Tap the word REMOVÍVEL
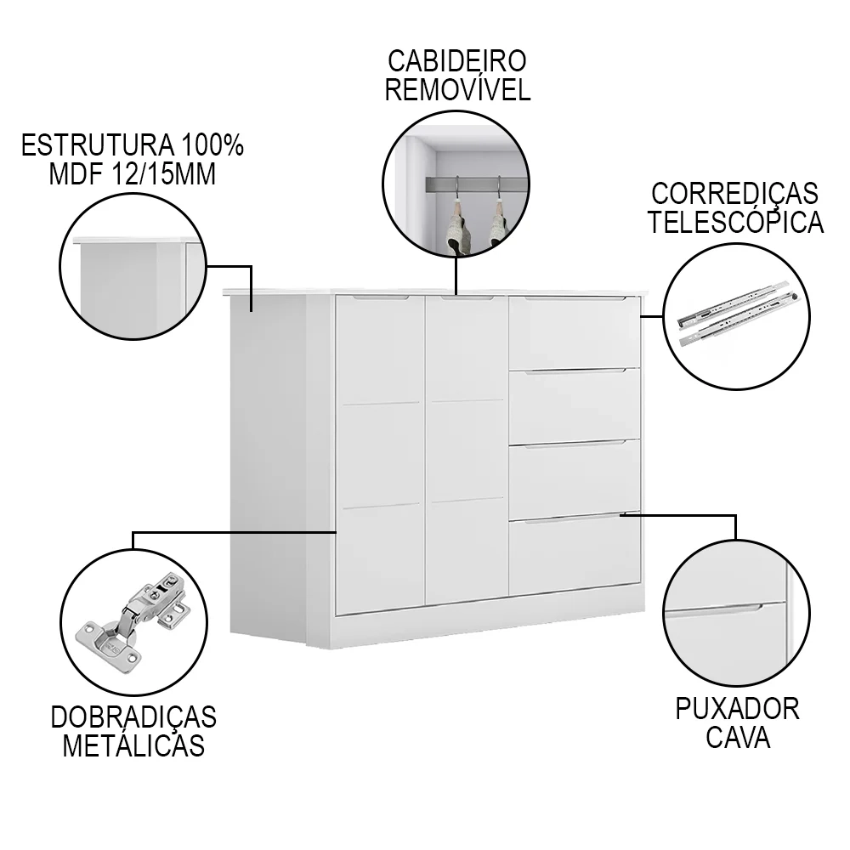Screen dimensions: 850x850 coord(457,89)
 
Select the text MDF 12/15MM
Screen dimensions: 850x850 coord(132,174)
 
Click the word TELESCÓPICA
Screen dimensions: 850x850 coord(736,222)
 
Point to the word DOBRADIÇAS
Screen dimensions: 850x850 coord(133,717)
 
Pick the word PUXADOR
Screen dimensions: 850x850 coord(737,709)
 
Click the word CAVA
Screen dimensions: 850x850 coord(737,737)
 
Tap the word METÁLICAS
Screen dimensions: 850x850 coord(133,745)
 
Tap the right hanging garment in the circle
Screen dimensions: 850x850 coord(499,225)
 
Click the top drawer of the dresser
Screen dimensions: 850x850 coord(575,332)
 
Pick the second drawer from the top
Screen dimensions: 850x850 coord(575,405)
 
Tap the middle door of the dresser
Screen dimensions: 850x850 coord(466,450)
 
